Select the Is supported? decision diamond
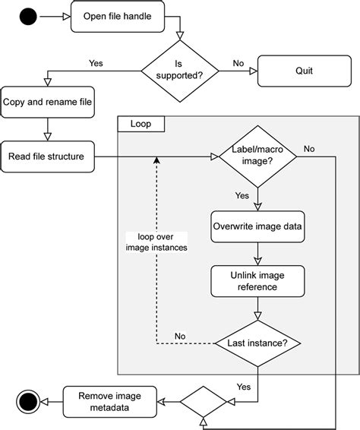pyautogui.click(x=179, y=71)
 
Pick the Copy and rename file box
pyautogui.click(x=47, y=103)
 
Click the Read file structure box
pyautogui.click(x=47, y=157)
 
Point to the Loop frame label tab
pyautogui.click(x=141, y=123)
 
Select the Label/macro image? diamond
pyautogui.click(x=257, y=157)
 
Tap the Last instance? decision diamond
pyautogui.click(x=257, y=343)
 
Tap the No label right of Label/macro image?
pyautogui.click(x=309, y=149)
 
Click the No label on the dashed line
pyautogui.click(x=180, y=335)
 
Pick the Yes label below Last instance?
pyautogui.click(x=243, y=387)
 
